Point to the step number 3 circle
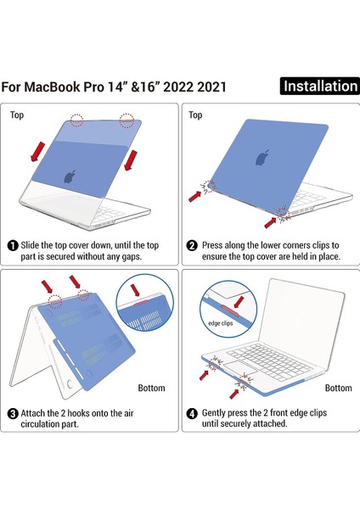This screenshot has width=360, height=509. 13,414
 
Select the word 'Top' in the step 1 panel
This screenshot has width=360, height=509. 18,115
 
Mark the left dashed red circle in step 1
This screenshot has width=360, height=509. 77,120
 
